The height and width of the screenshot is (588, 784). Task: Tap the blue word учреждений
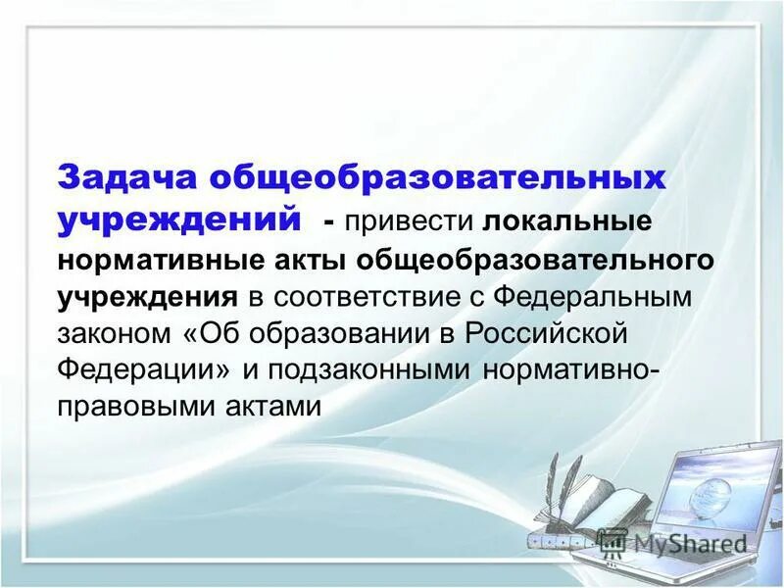point(179,219)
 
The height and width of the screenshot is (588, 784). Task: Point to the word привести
point(411,221)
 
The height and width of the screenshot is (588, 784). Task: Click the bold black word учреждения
point(147,297)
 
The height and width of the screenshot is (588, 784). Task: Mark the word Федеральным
point(594,297)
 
